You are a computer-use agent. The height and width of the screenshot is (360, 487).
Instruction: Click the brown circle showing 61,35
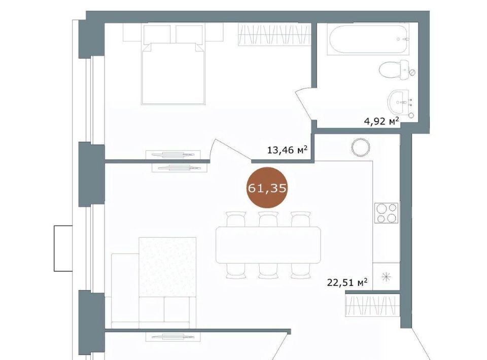267,188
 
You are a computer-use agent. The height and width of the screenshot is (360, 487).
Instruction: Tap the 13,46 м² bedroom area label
287,150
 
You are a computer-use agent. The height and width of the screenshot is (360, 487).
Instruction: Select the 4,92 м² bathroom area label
381,121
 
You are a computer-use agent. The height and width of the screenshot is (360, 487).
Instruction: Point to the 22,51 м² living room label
347,283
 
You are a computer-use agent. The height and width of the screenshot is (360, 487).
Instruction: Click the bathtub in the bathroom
368,39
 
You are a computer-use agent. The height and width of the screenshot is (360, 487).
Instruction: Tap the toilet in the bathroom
397,70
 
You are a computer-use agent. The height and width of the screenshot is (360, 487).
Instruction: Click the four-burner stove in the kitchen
387,213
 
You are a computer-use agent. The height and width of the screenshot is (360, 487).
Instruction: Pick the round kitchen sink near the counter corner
361,148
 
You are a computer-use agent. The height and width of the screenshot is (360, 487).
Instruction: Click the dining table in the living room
268,245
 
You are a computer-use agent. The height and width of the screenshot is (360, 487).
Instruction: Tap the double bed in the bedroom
173,64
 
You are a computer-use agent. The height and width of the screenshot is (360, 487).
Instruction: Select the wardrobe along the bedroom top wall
274,34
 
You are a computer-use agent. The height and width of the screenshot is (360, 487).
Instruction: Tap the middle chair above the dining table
268,219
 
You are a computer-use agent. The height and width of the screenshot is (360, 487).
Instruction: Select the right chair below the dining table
300,271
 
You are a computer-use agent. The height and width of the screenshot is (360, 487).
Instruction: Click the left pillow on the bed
157,34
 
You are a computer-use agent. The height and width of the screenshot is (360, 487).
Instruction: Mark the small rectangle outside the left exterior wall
63,248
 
